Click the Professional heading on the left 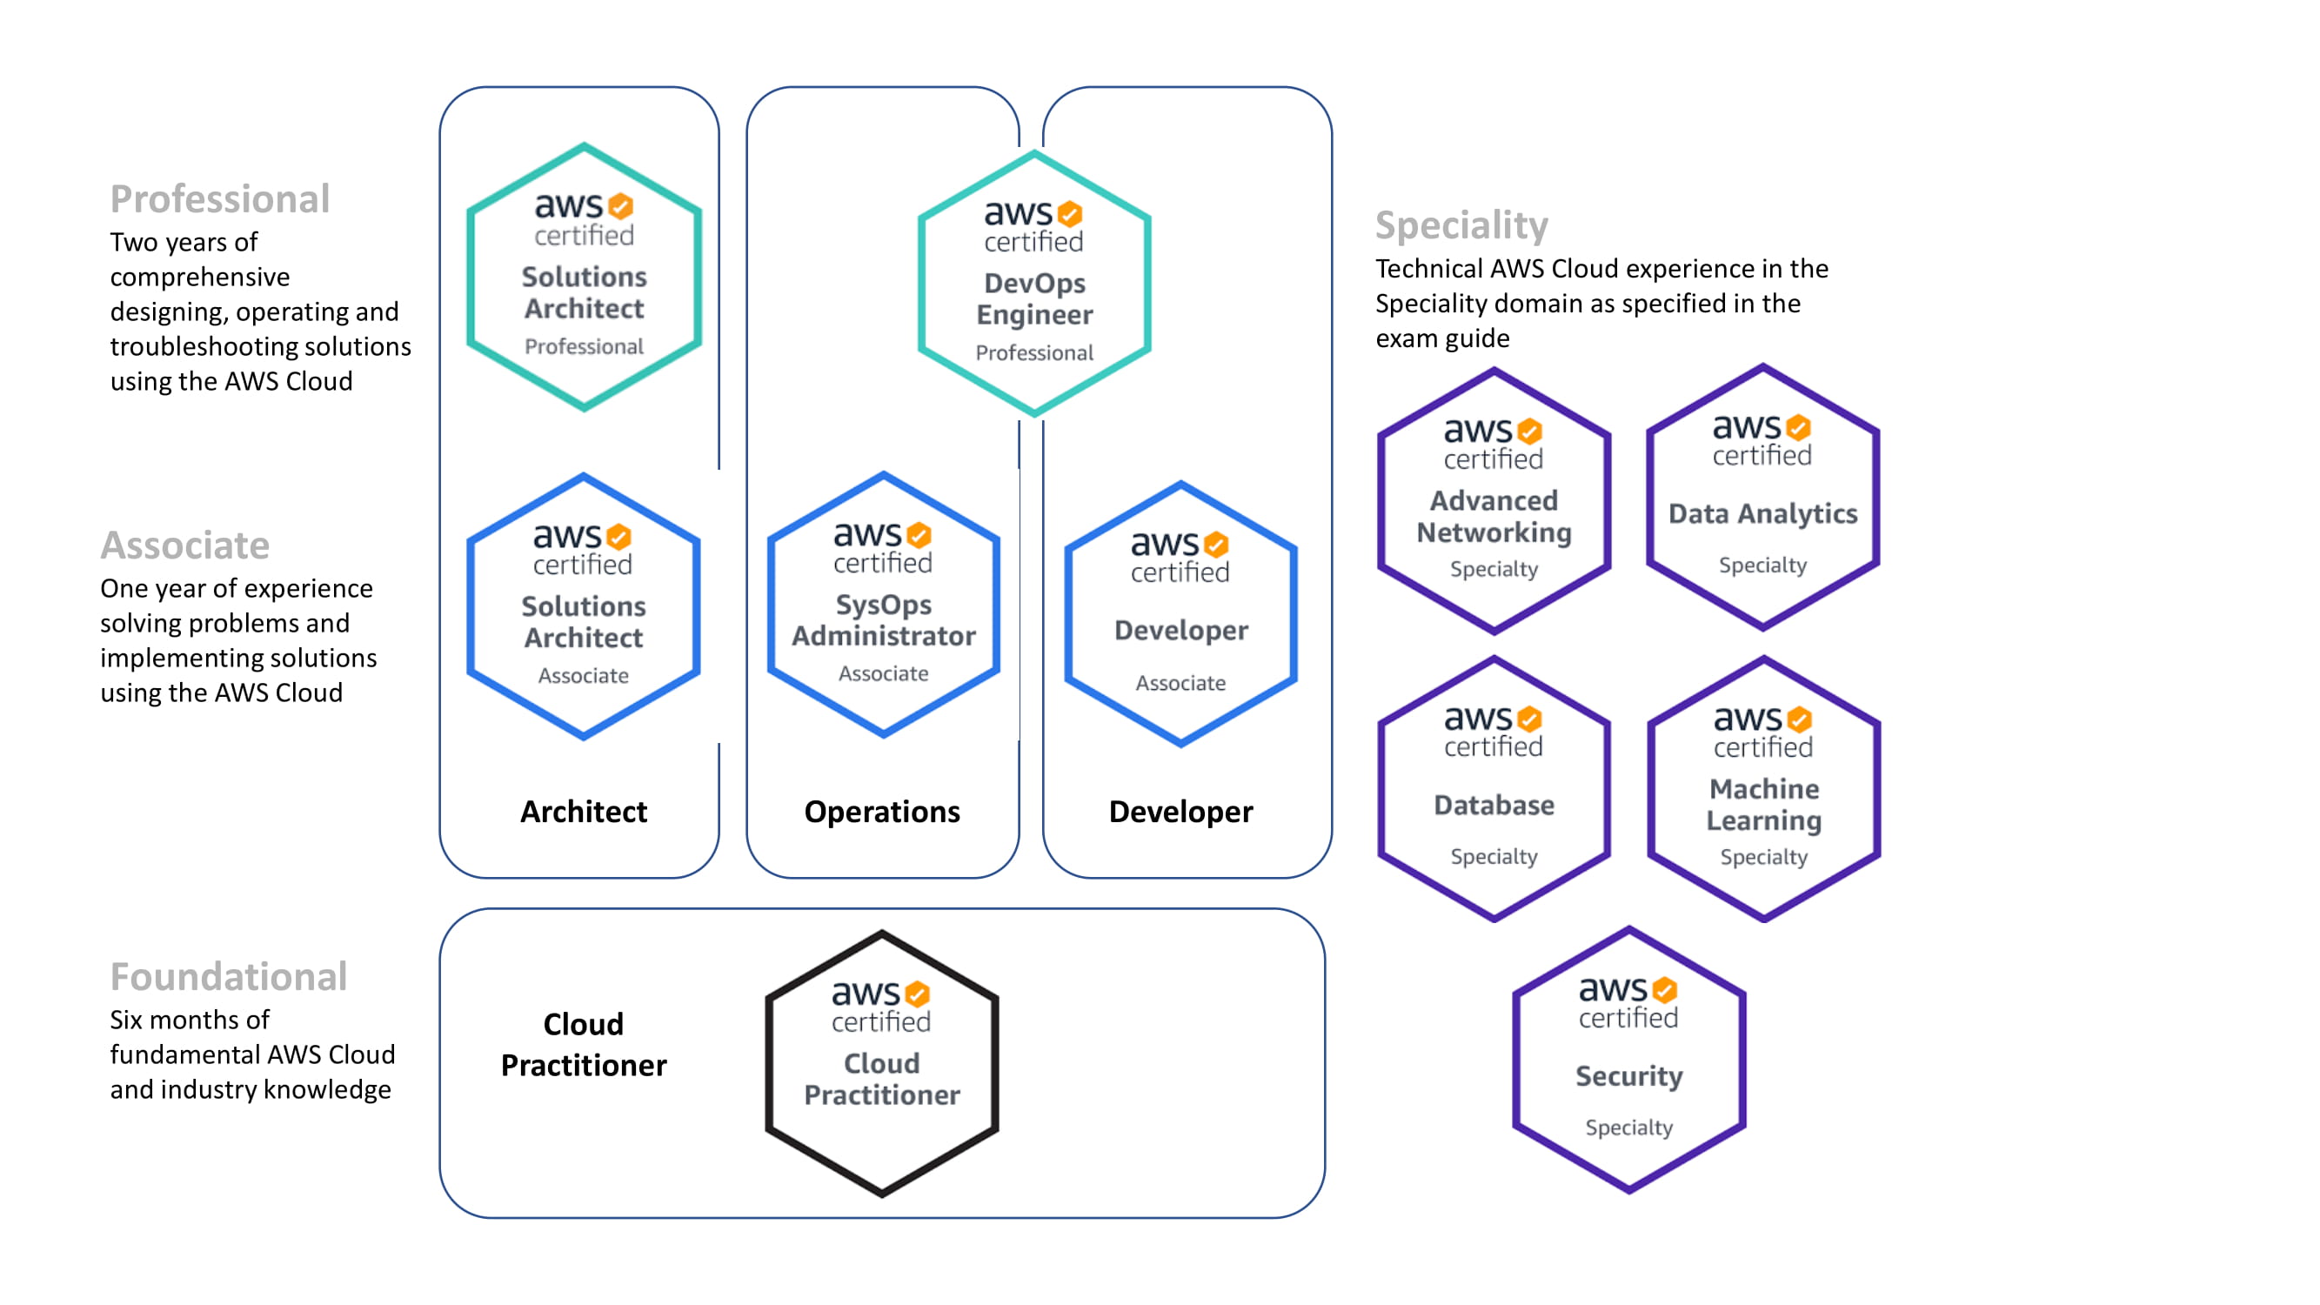click(x=220, y=199)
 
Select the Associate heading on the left click(x=184, y=545)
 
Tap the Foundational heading click(x=229, y=976)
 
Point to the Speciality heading click(x=1461, y=224)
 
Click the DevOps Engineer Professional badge click(x=1034, y=284)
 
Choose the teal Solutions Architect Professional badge click(x=584, y=278)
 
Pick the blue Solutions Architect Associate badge click(x=584, y=606)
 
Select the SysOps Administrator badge click(x=883, y=606)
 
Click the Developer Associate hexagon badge click(x=1180, y=614)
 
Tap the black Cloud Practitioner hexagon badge click(x=882, y=1064)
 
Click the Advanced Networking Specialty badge click(x=1494, y=501)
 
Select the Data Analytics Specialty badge click(x=1762, y=497)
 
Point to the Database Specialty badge click(x=1494, y=789)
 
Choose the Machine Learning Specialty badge click(x=1763, y=789)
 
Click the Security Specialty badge click(x=1628, y=1060)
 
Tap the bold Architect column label click(x=584, y=812)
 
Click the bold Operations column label click(x=882, y=812)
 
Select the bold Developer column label click(x=1180, y=812)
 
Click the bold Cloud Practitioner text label click(x=584, y=1045)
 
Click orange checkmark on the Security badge click(x=1664, y=990)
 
